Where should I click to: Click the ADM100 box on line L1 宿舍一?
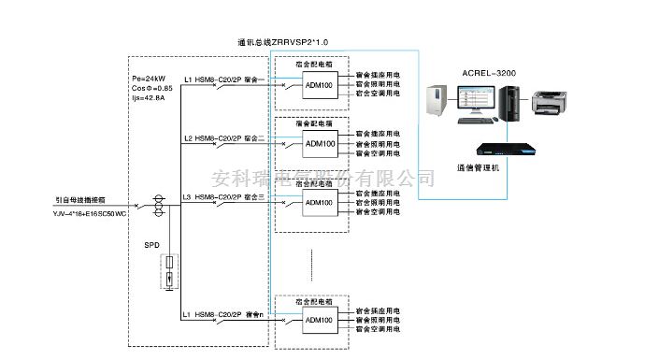[319, 85]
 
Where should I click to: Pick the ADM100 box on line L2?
[319, 144]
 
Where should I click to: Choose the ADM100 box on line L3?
[319, 203]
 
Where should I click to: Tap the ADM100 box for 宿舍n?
[319, 321]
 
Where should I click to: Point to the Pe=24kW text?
[149, 79]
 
